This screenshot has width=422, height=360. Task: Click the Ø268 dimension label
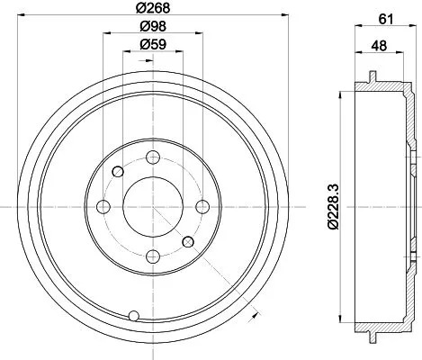coord(152,7)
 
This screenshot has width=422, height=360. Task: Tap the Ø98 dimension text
coord(152,27)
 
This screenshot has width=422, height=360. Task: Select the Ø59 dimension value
coord(152,45)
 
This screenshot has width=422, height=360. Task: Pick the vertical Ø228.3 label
coord(334,205)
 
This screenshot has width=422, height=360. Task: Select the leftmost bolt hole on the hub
coord(103,208)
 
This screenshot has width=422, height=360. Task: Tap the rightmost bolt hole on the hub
coord(202,206)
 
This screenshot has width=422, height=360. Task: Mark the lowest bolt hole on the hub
coord(152,255)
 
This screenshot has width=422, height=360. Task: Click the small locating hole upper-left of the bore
coord(117,172)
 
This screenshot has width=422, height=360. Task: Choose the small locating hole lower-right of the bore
coord(188,242)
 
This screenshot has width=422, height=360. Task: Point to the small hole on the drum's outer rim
coord(134,315)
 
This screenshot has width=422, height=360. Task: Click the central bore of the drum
coord(152,206)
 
